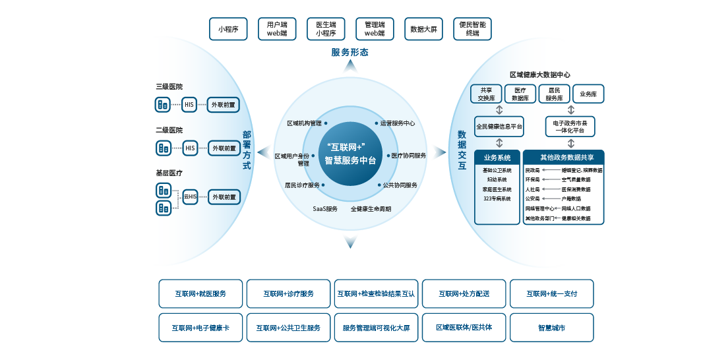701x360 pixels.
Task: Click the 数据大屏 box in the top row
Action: (423, 29)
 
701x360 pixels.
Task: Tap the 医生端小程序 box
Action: (326, 29)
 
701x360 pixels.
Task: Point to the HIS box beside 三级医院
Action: (189, 104)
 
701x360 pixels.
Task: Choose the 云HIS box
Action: (191, 196)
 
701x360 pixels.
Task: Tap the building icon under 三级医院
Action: (162, 104)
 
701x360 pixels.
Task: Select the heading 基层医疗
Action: (169, 173)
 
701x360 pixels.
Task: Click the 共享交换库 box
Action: (486, 94)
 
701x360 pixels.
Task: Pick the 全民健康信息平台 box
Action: (499, 126)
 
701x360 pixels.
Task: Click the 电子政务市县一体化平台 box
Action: (570, 126)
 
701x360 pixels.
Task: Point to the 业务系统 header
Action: (497, 158)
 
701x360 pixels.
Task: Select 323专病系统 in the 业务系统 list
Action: (497, 198)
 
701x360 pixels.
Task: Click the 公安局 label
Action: (532, 198)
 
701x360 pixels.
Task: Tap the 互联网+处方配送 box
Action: (464, 293)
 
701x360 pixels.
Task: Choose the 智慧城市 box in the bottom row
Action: (551, 328)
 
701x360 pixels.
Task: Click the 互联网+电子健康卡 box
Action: (200, 328)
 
